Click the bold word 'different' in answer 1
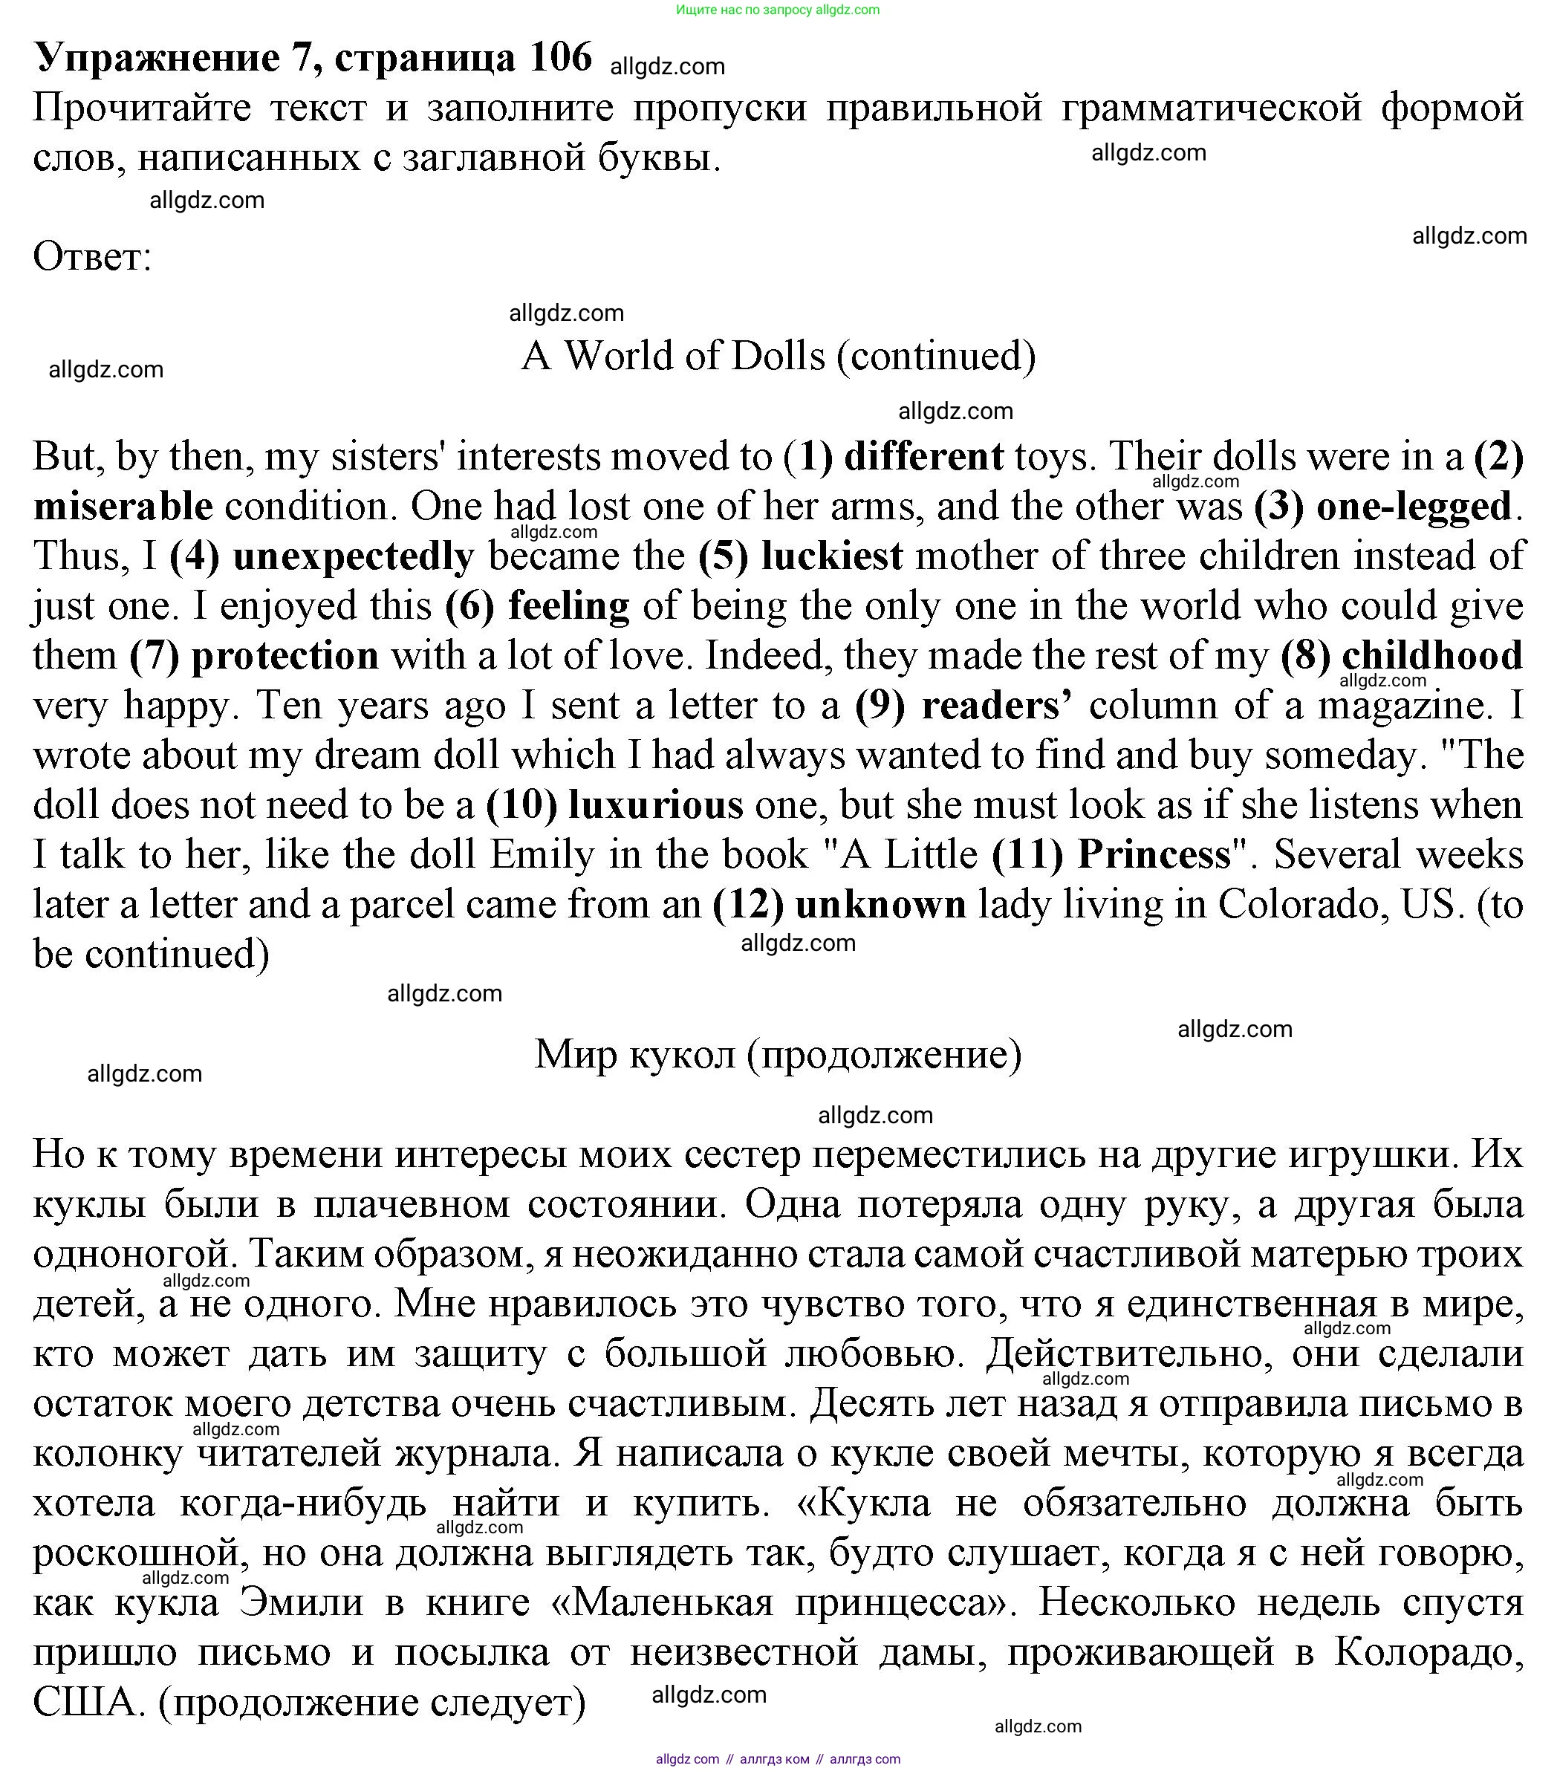click(923, 458)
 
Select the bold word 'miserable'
click(123, 507)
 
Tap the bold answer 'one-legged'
click(1414, 507)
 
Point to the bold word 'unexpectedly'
click(354, 557)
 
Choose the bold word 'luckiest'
click(832, 557)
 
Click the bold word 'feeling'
click(568, 606)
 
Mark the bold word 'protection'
click(285, 657)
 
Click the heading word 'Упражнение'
click(157, 59)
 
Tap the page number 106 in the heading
click(561, 59)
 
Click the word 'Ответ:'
click(93, 257)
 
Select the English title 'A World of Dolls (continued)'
click(778, 356)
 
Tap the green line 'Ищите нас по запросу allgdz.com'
click(778, 10)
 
